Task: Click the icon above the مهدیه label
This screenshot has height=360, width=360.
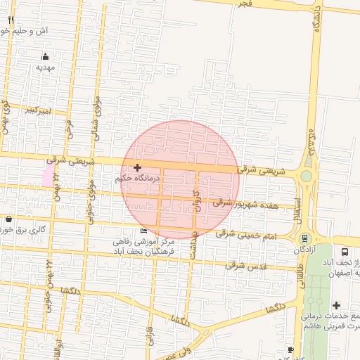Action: (x=46, y=56)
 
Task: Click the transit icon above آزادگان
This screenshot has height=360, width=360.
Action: (x=304, y=238)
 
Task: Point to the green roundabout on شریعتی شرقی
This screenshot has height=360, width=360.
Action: (x=307, y=176)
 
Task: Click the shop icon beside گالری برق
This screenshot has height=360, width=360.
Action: (x=8, y=219)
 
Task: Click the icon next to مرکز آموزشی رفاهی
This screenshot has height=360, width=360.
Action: (x=143, y=231)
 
